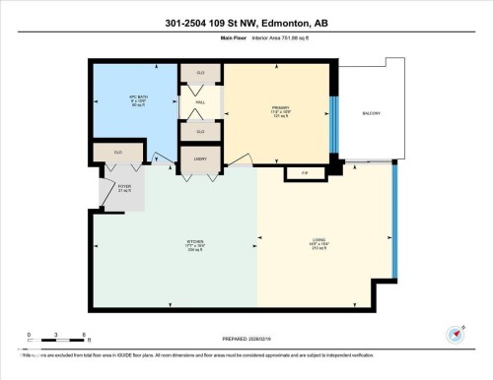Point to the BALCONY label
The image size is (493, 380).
(x=371, y=113)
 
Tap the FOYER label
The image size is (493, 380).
(x=124, y=187)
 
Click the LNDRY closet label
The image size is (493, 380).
(x=200, y=158)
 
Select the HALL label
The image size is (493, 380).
(x=200, y=102)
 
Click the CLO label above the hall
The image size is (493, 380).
(x=200, y=73)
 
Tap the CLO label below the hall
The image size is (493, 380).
(x=200, y=131)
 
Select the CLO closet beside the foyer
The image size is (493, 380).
(x=116, y=153)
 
